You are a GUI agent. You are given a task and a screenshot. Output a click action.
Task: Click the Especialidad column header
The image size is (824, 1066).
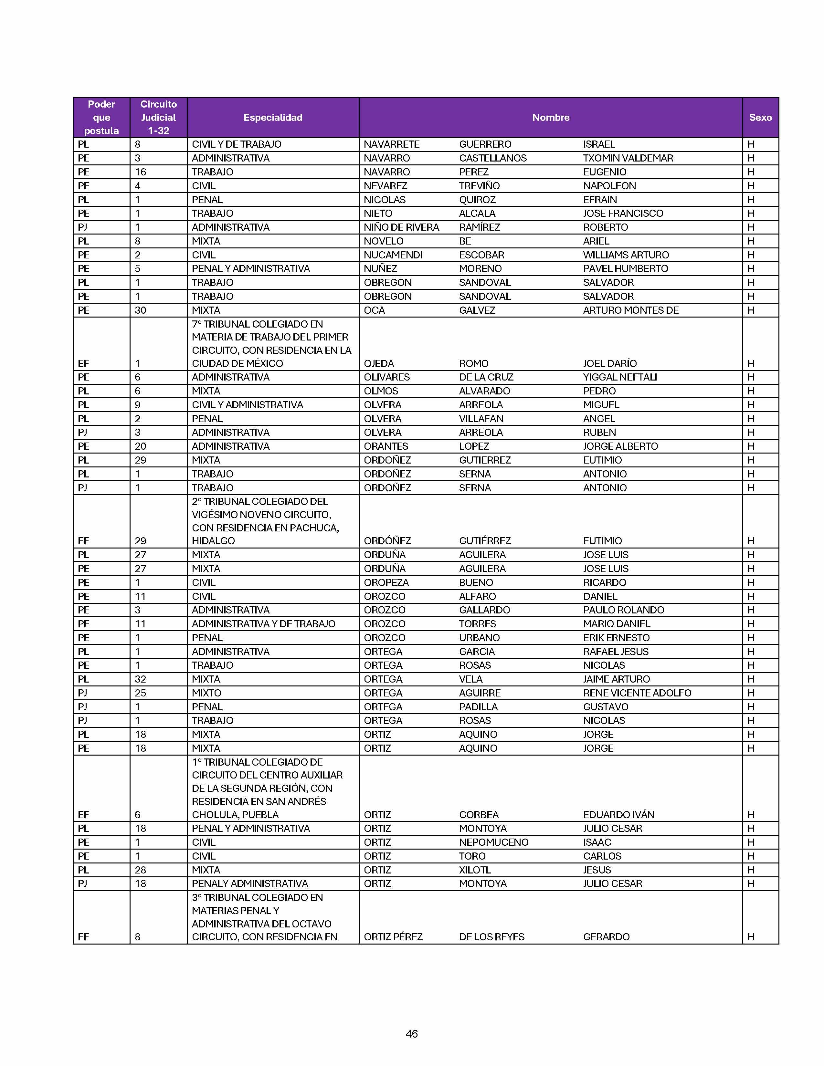click(273, 117)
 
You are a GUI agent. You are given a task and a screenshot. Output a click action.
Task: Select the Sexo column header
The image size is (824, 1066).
click(760, 117)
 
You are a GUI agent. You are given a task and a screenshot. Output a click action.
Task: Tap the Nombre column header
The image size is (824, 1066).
click(551, 117)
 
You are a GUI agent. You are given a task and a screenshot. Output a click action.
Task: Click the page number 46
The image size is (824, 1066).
click(411, 1033)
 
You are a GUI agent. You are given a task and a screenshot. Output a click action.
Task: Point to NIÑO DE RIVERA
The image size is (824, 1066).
click(401, 227)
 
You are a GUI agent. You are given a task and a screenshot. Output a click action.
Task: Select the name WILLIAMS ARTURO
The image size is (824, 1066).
click(626, 255)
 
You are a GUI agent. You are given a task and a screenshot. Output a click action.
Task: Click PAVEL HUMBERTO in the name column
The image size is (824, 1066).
click(625, 268)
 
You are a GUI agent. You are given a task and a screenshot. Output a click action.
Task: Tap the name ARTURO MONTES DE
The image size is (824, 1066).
click(631, 310)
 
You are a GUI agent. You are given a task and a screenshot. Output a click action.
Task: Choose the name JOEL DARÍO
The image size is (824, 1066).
click(610, 363)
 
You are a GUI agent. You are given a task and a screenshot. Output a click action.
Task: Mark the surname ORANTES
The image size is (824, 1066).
click(386, 446)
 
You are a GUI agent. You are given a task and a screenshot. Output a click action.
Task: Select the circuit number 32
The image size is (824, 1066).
click(140, 679)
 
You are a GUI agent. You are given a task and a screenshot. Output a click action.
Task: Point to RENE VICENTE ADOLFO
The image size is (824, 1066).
click(637, 693)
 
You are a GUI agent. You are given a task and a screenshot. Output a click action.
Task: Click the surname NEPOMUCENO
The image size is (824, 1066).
click(493, 842)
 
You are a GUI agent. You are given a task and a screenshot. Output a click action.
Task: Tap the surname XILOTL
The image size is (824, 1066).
click(474, 870)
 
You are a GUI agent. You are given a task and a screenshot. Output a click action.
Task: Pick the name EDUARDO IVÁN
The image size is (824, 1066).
click(618, 815)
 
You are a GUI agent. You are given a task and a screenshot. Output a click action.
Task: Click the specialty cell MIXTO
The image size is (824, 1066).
click(206, 693)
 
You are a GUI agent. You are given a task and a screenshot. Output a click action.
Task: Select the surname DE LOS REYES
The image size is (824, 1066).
click(491, 937)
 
